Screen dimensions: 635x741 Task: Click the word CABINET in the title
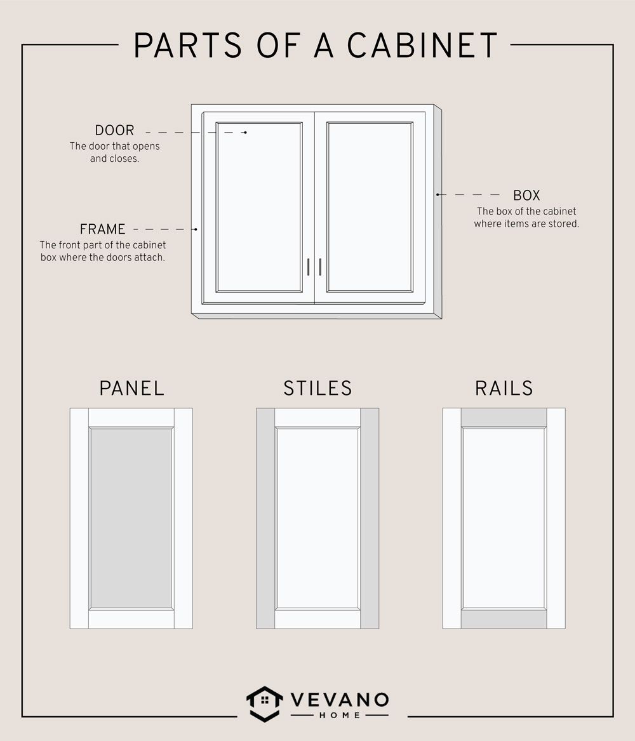coord(422,45)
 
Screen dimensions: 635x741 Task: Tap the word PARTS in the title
coord(188,45)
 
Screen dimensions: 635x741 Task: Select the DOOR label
coord(114,130)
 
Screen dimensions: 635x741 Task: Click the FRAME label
coord(102,229)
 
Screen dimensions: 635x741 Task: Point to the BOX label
coord(526,195)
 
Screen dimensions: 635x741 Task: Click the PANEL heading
coord(132,389)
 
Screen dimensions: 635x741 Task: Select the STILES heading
coord(317,389)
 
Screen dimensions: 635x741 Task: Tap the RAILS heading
coord(504,389)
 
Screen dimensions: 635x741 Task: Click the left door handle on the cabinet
coord(309,267)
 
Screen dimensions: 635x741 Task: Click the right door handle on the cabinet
coord(320,267)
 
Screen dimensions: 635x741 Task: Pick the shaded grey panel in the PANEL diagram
coord(131,518)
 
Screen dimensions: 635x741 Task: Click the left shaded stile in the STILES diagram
coord(265,518)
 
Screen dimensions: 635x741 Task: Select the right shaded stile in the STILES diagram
coord(370,518)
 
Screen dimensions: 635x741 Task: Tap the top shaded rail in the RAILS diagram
coord(504,418)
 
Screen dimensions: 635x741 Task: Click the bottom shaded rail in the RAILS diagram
coord(504,619)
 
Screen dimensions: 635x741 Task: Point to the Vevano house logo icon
coord(265,704)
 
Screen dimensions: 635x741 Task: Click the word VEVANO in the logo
coord(340,700)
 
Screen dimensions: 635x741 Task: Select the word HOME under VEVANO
coord(340,716)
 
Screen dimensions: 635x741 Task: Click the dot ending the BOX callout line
coord(438,194)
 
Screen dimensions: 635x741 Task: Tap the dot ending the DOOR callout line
coord(245,132)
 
